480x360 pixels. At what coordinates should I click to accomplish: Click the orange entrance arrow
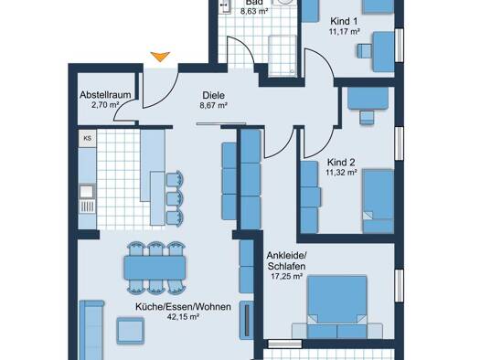160,57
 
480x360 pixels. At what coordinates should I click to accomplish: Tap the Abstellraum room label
105,95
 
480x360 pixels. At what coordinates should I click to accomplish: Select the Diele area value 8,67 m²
213,105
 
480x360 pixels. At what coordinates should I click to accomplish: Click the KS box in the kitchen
87,138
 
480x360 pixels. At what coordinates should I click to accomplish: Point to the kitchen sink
87,192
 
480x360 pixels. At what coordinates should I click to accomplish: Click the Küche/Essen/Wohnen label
183,307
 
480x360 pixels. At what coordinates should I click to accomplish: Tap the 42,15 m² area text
183,317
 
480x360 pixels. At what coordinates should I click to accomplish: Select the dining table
155,268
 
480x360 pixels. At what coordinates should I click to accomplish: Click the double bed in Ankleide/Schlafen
337,307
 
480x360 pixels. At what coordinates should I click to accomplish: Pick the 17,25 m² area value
287,277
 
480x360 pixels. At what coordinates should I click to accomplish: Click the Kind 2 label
341,162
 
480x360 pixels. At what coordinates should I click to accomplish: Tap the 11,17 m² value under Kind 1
345,31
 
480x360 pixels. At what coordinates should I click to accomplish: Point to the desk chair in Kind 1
364,51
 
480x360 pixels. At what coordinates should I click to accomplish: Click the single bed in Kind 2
379,201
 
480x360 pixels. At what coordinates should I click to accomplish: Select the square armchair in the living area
130,331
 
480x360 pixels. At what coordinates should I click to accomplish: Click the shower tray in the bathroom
283,56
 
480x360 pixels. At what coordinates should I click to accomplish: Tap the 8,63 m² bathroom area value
254,12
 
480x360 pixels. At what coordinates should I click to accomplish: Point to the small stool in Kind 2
367,118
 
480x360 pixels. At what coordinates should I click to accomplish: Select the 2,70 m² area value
105,105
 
